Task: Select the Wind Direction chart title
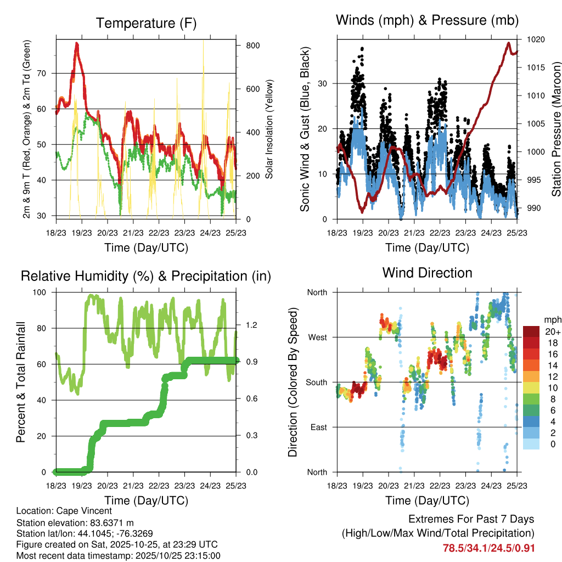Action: (x=427, y=272)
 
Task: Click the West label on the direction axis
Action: (x=317, y=337)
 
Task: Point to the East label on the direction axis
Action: (x=318, y=427)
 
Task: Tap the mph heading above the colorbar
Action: (x=551, y=319)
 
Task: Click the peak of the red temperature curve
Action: (x=77, y=43)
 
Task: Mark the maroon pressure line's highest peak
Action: (x=509, y=43)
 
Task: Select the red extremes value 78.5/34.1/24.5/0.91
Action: (x=488, y=548)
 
